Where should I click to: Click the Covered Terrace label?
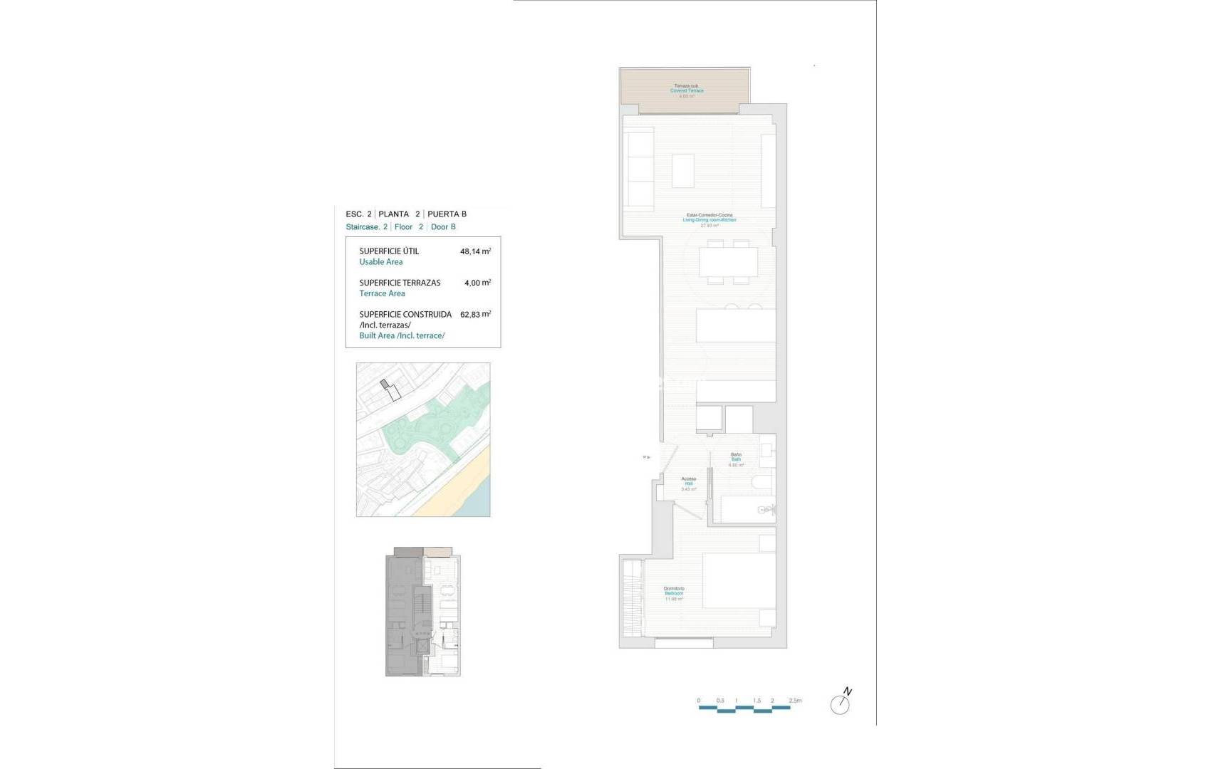click(x=686, y=91)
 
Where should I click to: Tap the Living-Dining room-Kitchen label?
click(x=709, y=220)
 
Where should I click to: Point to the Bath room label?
click(x=736, y=459)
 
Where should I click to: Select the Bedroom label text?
click(x=674, y=593)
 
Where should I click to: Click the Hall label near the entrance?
click(x=688, y=483)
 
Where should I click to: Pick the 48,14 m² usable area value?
click(x=475, y=251)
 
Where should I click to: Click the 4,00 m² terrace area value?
click(x=477, y=283)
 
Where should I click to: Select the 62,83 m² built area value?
click(x=475, y=314)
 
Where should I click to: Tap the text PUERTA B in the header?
click(x=447, y=214)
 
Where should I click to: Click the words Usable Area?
click(x=380, y=262)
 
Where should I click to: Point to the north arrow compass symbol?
click(x=841, y=703)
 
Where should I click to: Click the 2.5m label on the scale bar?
click(x=795, y=701)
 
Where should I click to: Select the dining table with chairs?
click(x=728, y=262)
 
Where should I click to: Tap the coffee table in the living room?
click(x=682, y=171)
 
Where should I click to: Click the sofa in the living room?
click(x=640, y=169)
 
